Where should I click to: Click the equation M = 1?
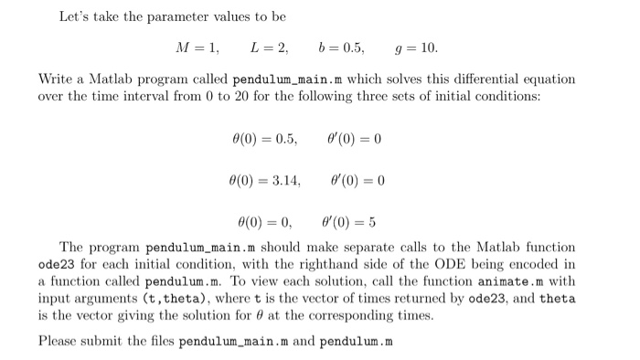click(x=193, y=48)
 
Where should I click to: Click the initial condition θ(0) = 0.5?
click(x=265, y=139)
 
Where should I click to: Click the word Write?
click(x=56, y=79)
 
